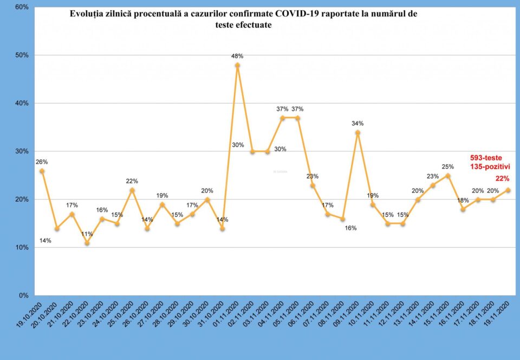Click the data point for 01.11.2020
(x=237, y=65)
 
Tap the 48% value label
(x=237, y=56)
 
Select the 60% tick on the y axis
(x=22, y=7)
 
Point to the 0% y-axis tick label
(x=24, y=295)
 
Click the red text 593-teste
(x=486, y=158)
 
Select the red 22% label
(x=502, y=179)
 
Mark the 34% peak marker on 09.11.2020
(x=357, y=132)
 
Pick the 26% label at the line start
(x=42, y=162)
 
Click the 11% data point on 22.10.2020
(x=87, y=243)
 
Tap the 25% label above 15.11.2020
(x=447, y=166)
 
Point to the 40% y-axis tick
(x=22, y=103)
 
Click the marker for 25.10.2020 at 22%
(x=132, y=190)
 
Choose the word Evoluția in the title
(x=87, y=14)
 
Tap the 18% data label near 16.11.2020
(x=463, y=201)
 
